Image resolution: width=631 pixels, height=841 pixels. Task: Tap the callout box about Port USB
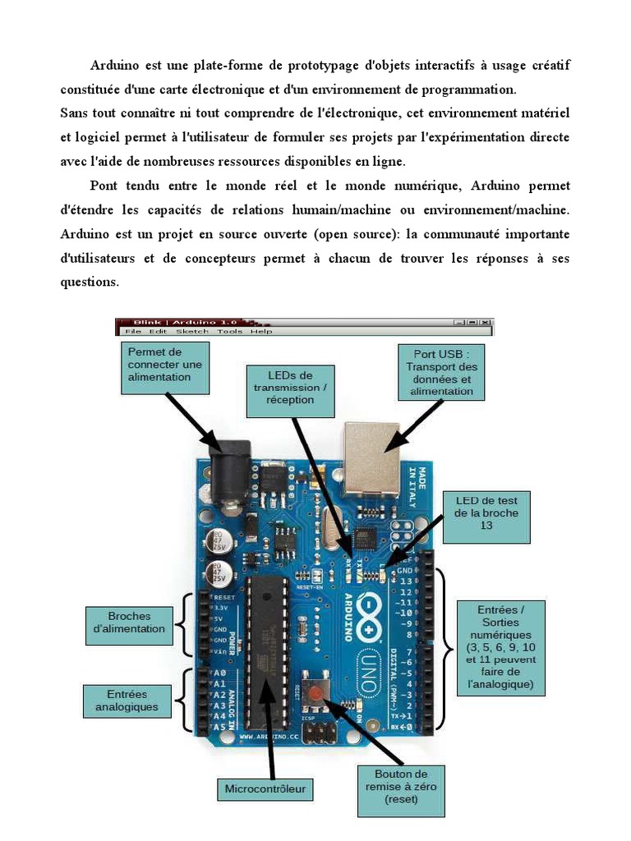tap(441, 371)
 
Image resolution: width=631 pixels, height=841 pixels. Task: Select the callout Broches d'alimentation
tap(129, 623)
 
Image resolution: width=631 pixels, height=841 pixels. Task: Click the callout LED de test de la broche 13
tap(486, 517)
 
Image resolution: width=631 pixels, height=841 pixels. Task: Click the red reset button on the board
tap(315, 695)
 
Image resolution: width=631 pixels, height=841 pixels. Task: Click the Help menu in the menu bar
tap(261, 331)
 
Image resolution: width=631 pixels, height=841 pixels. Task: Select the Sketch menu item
tap(192, 331)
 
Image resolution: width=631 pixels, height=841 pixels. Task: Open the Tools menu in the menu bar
tap(229, 331)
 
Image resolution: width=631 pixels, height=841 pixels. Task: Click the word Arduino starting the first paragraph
tap(115, 65)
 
